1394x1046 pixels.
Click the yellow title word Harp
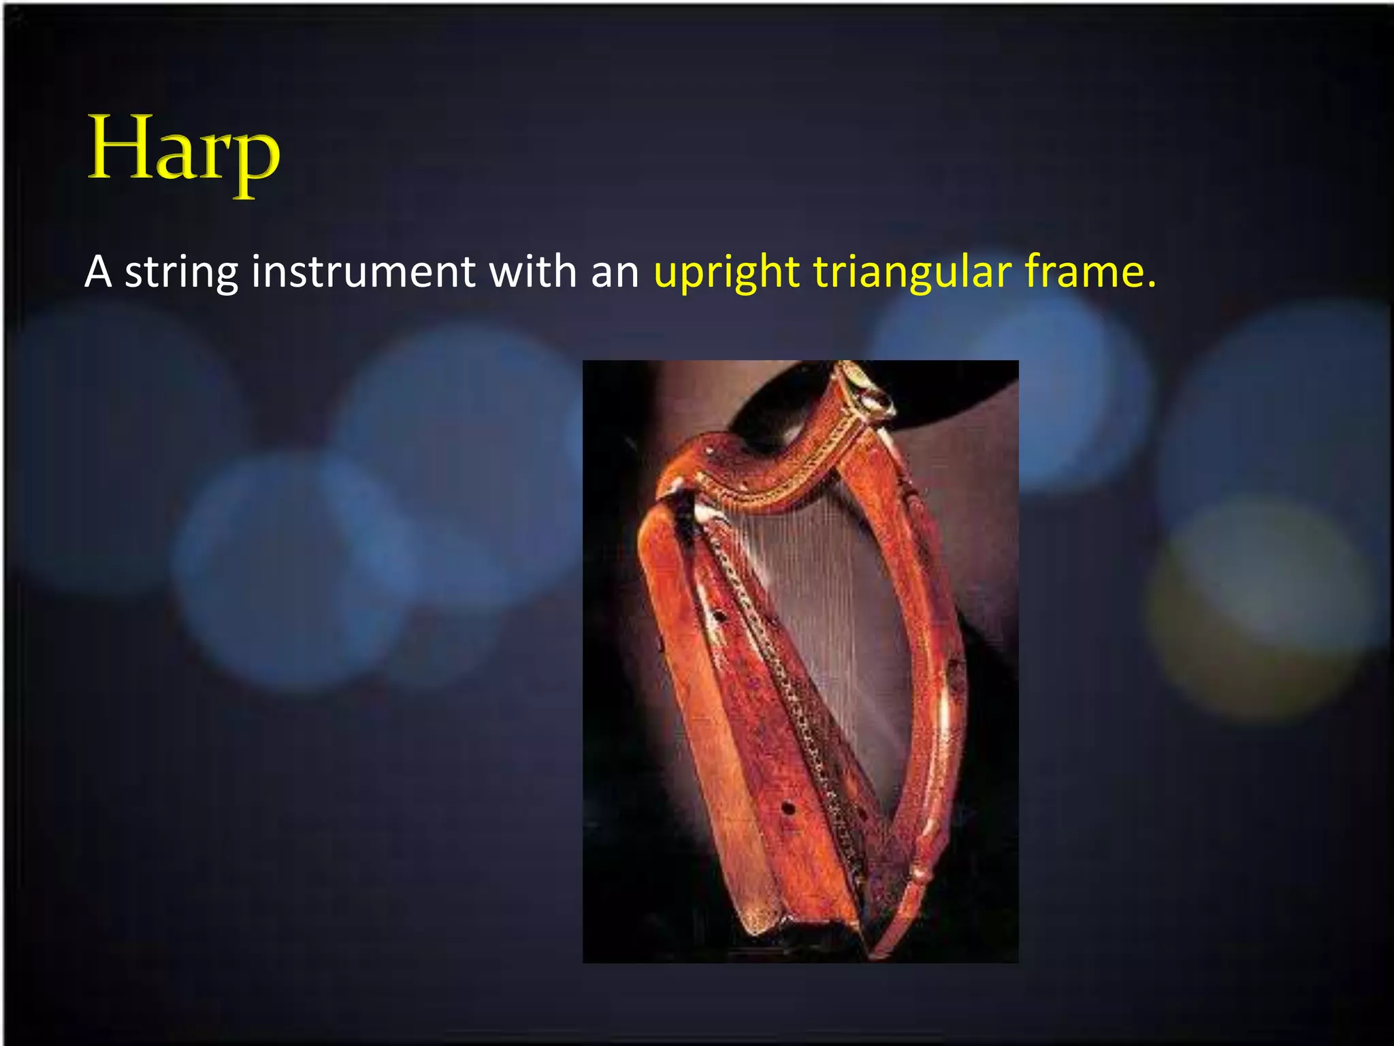(x=184, y=151)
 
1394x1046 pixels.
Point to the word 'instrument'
(x=363, y=272)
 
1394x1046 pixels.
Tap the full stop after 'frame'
(x=1152, y=284)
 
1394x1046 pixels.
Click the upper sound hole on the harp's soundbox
(x=719, y=616)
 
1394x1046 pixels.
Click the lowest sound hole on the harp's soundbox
(x=788, y=808)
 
